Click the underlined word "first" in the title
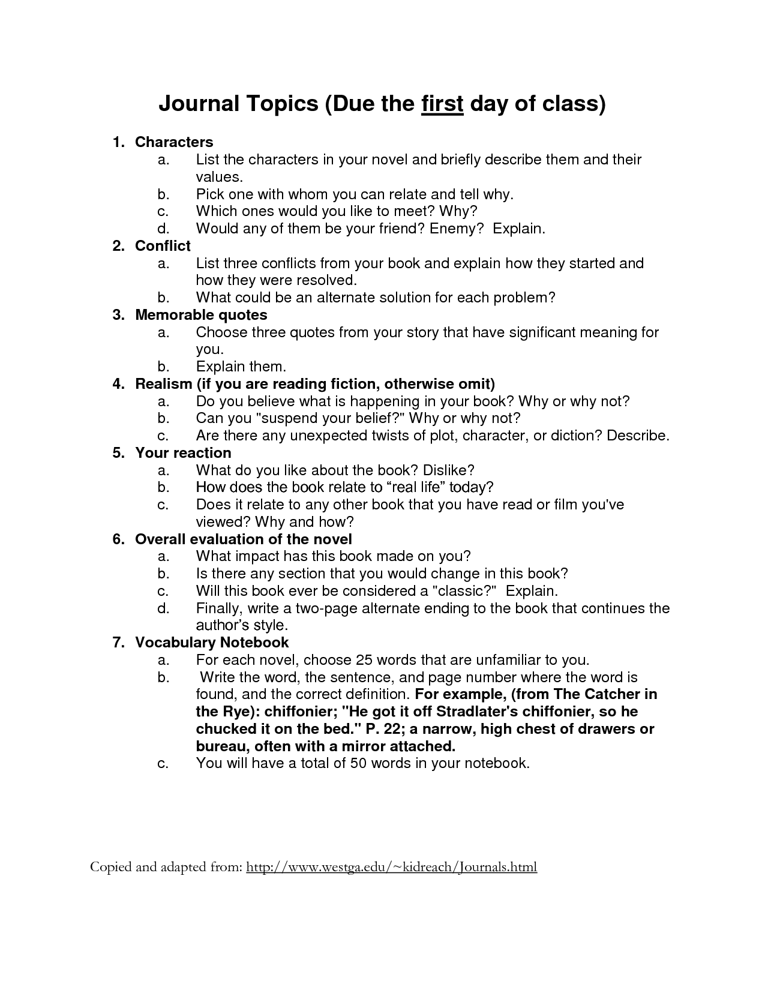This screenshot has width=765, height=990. point(443,104)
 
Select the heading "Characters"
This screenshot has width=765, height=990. point(174,142)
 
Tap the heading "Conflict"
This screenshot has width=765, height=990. point(163,246)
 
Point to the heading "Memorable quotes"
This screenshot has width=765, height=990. point(201,315)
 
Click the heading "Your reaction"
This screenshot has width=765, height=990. point(183,453)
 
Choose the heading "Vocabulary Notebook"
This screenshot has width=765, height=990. point(212,643)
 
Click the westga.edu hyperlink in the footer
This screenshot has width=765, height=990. point(391,867)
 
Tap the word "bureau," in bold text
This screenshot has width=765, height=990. point(222,746)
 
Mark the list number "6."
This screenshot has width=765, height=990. point(118,539)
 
